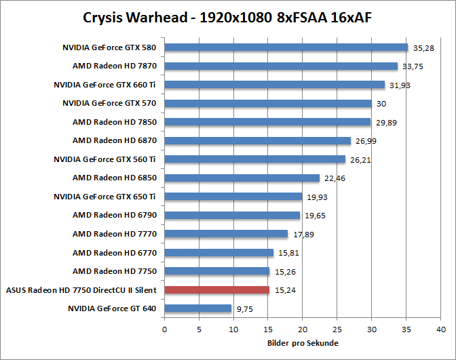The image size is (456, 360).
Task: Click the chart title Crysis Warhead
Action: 227,18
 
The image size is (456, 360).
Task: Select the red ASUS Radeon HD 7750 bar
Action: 217,290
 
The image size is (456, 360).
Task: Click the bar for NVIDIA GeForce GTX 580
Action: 286,47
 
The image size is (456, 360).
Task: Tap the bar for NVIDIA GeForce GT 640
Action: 198,308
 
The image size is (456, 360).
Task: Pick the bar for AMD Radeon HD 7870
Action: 281,66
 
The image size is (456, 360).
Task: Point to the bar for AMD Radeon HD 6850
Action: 242,178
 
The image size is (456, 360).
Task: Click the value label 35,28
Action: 423,48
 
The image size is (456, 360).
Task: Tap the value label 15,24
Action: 285,290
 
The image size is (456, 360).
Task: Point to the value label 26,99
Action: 366,141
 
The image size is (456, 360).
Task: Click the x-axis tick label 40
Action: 442,329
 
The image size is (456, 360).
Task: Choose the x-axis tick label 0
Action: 165,329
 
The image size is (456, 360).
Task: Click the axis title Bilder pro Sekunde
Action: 303,343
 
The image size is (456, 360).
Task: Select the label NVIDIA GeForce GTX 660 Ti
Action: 105,85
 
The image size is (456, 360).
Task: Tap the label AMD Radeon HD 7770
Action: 115,234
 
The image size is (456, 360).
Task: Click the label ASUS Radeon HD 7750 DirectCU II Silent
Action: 81,290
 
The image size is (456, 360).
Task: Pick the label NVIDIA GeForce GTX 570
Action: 109,104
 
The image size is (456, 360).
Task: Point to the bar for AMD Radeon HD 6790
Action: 232,216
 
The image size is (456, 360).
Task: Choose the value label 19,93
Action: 318,197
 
